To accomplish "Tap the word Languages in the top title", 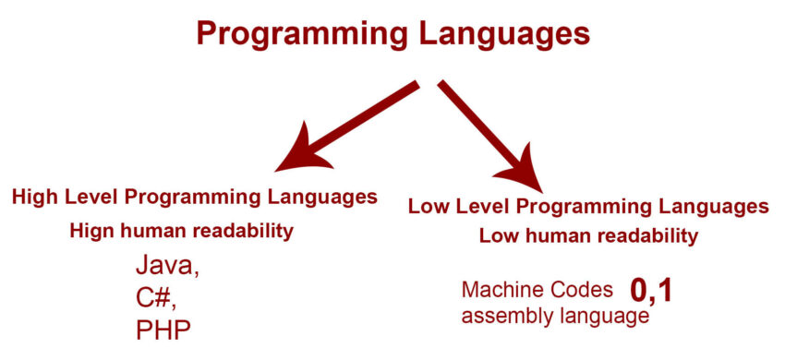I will pyautogui.click(x=502, y=34).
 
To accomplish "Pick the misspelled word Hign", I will pyautogui.click(x=93, y=232).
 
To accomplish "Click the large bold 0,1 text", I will pyautogui.click(x=651, y=292).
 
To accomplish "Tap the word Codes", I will pyautogui.click(x=585, y=291).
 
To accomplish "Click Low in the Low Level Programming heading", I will pyautogui.click(x=427, y=205).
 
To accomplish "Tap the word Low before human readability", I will pyautogui.click(x=500, y=236).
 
